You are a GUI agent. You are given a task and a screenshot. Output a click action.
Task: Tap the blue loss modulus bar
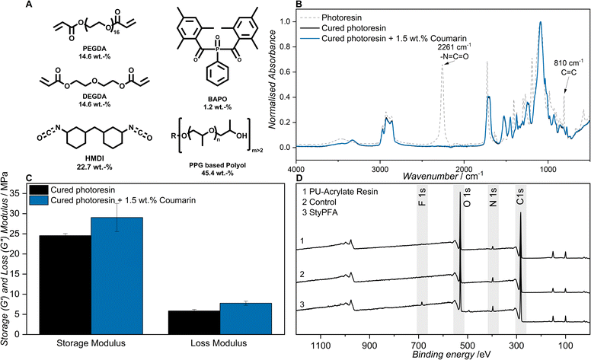[216, 319]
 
